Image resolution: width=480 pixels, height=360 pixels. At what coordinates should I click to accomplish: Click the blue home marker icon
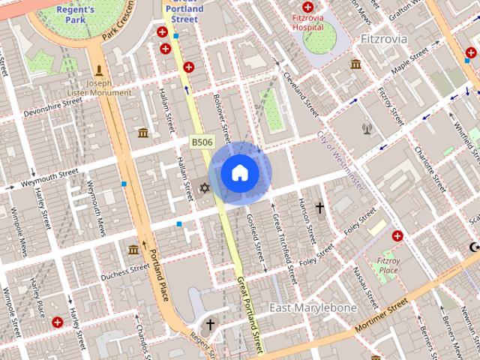pyautogui.click(x=239, y=173)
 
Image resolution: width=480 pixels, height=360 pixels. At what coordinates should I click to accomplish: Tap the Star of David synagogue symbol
pyautogui.click(x=203, y=187)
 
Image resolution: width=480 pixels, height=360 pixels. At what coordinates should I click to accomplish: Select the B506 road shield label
pyautogui.click(x=201, y=142)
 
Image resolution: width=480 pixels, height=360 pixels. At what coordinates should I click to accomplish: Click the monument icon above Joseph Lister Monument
pyautogui.click(x=98, y=70)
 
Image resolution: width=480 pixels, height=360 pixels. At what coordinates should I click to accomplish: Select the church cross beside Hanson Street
pyautogui.click(x=319, y=207)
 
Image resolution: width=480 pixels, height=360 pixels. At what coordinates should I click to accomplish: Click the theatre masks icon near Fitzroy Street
pyautogui.click(x=367, y=128)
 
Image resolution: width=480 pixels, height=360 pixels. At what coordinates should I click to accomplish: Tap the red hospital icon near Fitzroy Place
pyautogui.click(x=397, y=235)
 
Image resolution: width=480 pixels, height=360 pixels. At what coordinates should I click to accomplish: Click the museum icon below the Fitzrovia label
pyautogui.click(x=355, y=64)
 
